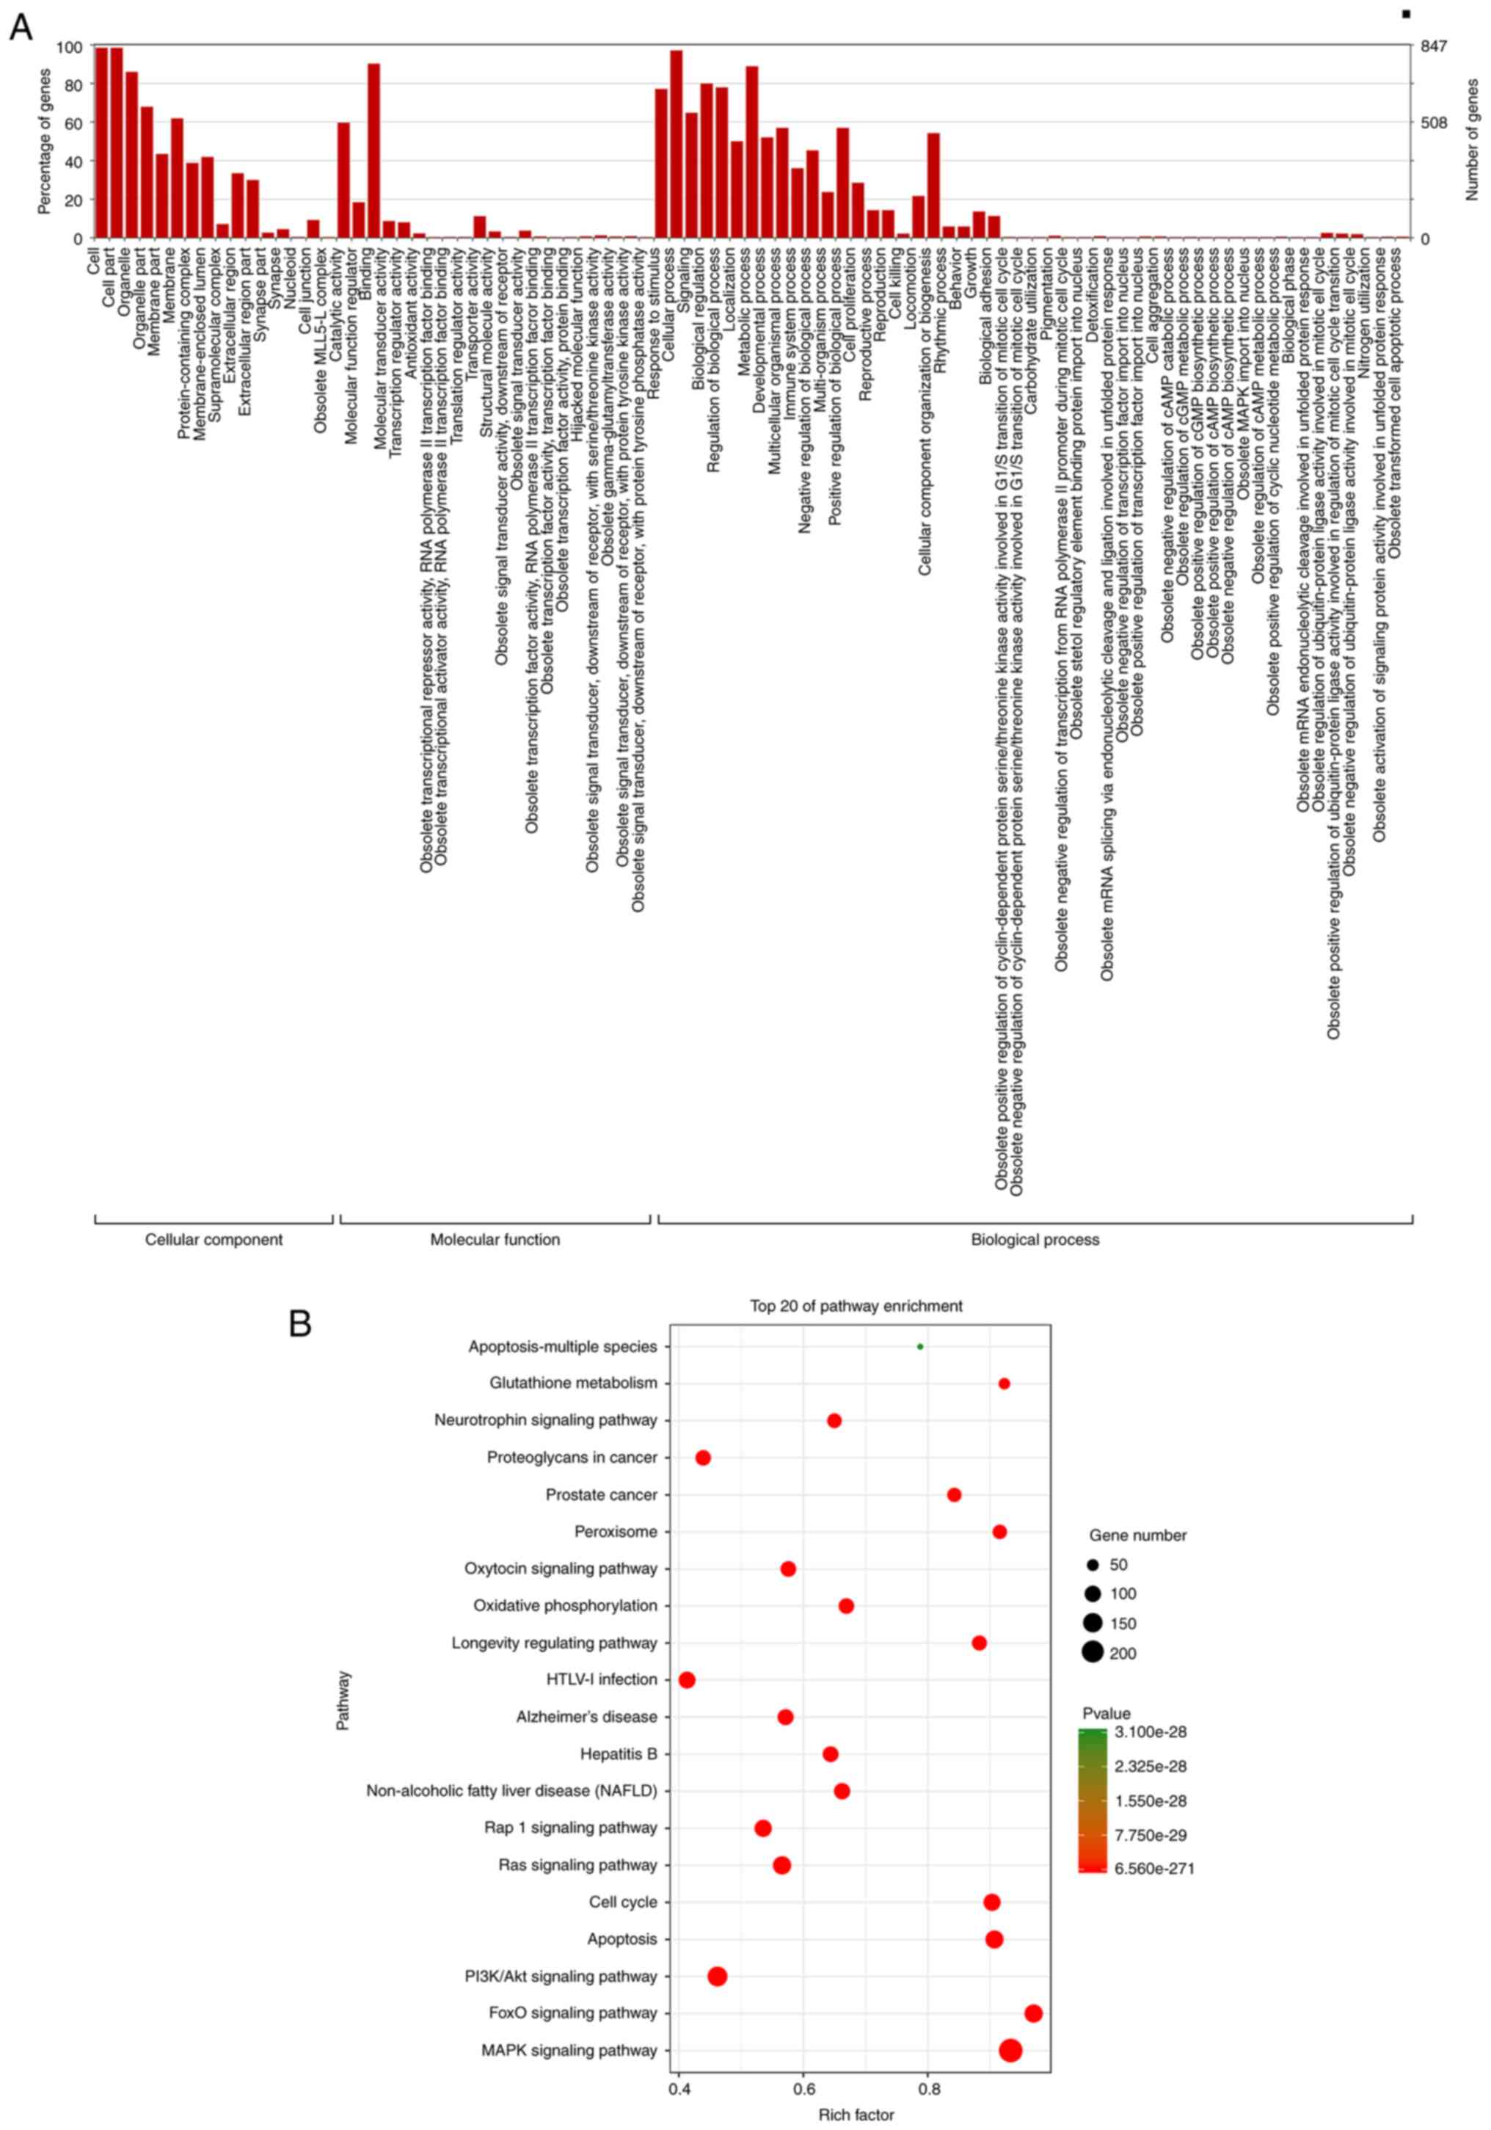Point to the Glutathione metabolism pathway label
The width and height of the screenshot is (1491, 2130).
point(573,1384)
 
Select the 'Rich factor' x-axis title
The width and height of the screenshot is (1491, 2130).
point(856,2115)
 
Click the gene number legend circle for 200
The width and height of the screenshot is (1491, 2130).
point(1093,1653)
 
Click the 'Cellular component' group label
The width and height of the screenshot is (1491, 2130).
point(214,1240)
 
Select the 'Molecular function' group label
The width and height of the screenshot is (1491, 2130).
point(495,1240)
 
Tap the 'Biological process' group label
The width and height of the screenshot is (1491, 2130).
point(1035,1240)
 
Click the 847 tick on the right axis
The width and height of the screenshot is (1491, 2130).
point(1434,46)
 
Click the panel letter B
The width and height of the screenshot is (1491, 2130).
point(299,1324)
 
